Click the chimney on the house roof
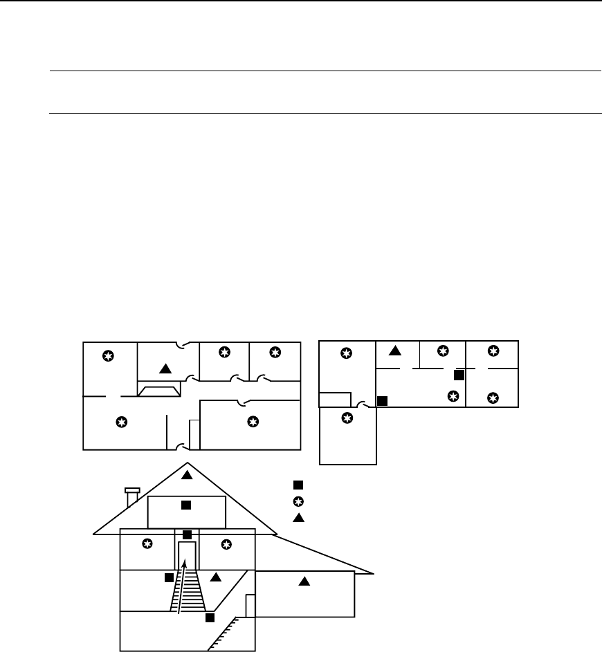[131, 497]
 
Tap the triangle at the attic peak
[186, 475]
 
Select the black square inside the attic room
[185, 505]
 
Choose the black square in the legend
[298, 485]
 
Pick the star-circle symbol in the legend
[298, 501]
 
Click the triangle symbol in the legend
[298, 518]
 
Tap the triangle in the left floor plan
[164, 367]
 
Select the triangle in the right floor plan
[394, 351]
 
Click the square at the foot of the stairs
[210, 617]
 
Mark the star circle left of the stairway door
[147, 544]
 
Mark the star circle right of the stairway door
[226, 544]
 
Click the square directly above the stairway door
[187, 534]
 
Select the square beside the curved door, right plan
[381, 400]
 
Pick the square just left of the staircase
[168, 577]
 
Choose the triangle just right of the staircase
[215, 577]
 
